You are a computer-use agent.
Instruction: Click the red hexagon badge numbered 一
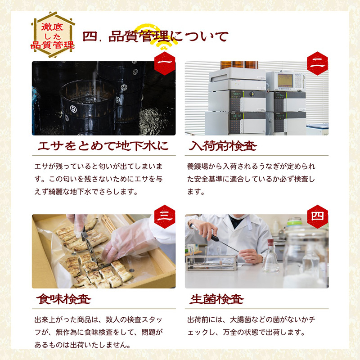pyautogui.click(x=165, y=63)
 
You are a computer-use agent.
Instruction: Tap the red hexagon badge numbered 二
pyautogui.click(x=318, y=63)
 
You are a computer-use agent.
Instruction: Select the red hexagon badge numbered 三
pyautogui.click(x=165, y=216)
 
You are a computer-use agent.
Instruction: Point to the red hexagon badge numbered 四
pyautogui.click(x=318, y=216)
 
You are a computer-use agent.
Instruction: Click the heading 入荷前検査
pyautogui.click(x=222, y=146)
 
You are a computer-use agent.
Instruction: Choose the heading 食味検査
pyautogui.click(x=64, y=299)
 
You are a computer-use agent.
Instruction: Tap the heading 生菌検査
pyautogui.click(x=216, y=299)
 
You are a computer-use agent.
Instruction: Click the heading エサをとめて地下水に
pyautogui.click(x=103, y=146)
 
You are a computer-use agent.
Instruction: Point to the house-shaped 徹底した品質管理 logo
pyautogui.click(x=53, y=35)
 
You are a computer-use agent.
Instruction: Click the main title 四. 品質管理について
pyautogui.click(x=155, y=37)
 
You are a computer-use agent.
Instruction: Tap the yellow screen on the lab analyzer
pyautogui.click(x=285, y=81)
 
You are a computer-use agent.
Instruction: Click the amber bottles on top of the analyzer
pyautogui.click(x=239, y=65)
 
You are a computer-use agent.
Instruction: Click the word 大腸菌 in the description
pyautogui.click(x=240, y=319)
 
